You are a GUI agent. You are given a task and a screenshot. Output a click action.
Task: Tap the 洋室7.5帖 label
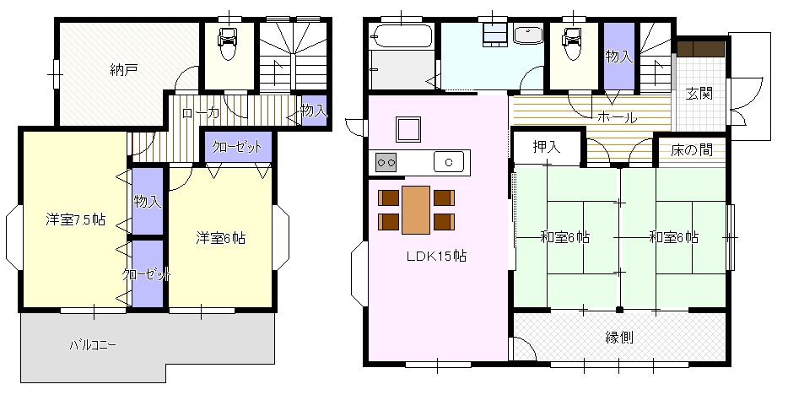point(75,219)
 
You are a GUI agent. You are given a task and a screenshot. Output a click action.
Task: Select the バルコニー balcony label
point(93,345)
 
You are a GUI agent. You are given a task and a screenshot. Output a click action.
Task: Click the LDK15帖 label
point(436,257)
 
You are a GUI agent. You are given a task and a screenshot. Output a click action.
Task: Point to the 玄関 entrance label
point(699,94)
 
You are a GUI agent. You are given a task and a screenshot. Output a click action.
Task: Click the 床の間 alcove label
point(692,149)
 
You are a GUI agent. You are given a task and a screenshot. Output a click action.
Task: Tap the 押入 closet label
point(546,147)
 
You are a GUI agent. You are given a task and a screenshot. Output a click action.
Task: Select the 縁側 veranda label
point(618,338)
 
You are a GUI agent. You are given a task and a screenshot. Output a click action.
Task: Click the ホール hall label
point(617,118)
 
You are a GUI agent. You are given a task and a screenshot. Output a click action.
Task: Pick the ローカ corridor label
point(201,114)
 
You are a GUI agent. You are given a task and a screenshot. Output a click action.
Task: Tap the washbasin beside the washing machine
point(528,35)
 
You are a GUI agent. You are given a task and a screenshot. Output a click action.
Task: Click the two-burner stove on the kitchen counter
point(386,162)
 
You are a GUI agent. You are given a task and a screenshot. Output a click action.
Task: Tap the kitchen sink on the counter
point(449,162)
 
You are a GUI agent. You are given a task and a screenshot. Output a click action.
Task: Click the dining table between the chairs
point(416,210)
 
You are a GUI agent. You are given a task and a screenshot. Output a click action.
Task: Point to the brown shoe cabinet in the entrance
point(700,48)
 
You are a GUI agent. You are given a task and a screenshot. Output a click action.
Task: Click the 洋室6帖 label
point(220,238)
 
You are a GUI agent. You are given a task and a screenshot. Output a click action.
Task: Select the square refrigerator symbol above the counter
point(410,130)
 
